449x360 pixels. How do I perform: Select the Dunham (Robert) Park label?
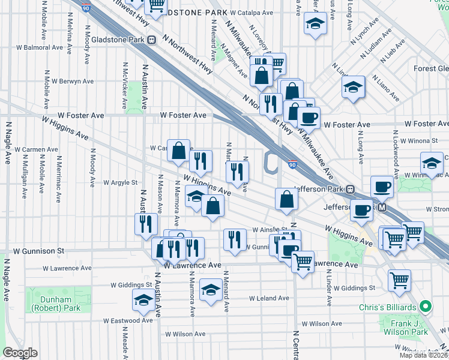[x=55, y=304]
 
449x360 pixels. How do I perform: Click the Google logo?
[x=20, y=353]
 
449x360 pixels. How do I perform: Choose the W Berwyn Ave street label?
[x=73, y=81]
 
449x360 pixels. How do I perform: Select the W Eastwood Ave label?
[x=128, y=320]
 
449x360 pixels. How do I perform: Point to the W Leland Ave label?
[x=269, y=298]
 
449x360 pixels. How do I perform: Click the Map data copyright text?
[x=424, y=355]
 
